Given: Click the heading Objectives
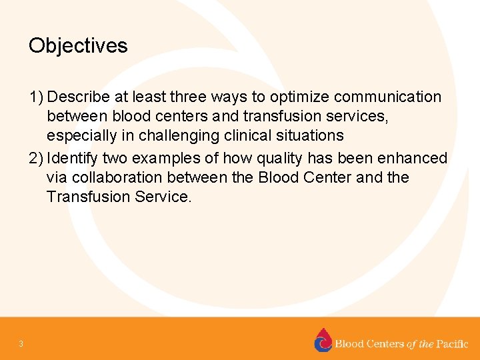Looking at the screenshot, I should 78,46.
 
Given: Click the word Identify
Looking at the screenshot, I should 73,159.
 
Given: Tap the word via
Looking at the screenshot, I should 57,178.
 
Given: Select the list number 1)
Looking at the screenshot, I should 37,97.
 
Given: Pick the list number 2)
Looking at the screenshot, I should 37,159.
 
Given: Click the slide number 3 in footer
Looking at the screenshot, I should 21,344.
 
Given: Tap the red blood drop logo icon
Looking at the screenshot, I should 323,340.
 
